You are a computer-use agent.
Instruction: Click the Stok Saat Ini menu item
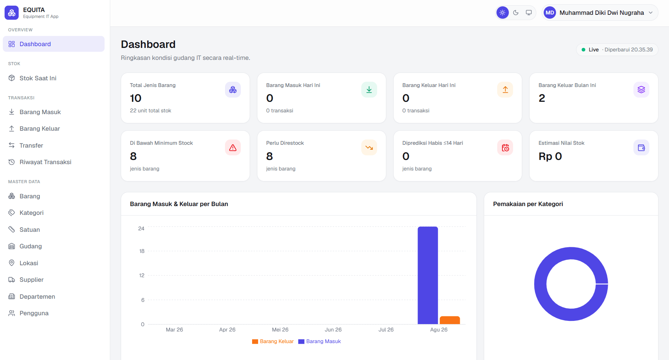point(38,78)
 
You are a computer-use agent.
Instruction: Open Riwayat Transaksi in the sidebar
point(45,162)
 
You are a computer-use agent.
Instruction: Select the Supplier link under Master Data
point(31,280)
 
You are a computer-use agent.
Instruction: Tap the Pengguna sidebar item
point(34,313)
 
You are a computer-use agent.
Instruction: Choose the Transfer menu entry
point(31,145)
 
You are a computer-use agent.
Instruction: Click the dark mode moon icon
point(516,13)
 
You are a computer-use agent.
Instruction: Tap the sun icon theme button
point(502,13)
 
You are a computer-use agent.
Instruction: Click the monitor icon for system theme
point(529,13)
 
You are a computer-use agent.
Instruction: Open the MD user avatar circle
point(550,13)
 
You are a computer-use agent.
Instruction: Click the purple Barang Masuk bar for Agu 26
point(428,275)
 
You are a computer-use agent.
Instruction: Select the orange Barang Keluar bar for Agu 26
point(450,320)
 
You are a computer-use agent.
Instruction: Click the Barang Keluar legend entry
point(273,341)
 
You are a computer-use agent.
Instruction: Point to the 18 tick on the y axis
point(142,251)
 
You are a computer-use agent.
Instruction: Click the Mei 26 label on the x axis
point(280,330)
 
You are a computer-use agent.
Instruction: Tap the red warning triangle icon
point(233,148)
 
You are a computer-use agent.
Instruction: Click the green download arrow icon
point(369,90)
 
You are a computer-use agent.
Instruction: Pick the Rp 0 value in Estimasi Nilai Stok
point(550,156)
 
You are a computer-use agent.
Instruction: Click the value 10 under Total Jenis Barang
point(136,98)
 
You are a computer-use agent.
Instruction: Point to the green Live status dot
point(583,50)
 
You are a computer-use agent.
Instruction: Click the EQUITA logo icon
point(12,13)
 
